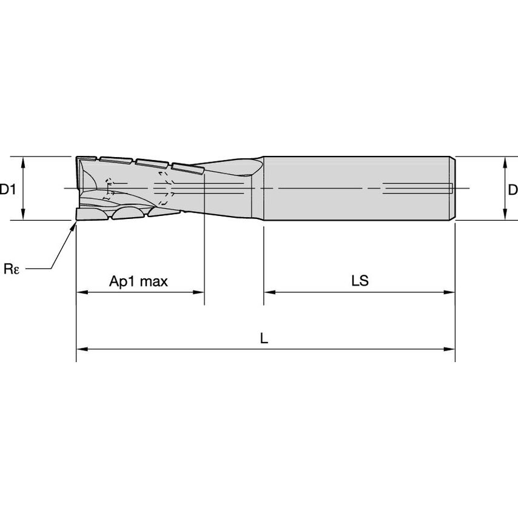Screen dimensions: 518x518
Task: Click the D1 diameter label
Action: click(7, 190)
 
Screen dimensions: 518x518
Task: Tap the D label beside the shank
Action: click(513, 190)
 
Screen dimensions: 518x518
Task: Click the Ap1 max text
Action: click(138, 281)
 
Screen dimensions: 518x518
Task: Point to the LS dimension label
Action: click(360, 281)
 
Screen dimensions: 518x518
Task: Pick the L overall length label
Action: click(264, 339)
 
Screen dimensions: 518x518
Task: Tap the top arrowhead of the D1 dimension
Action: click(23, 161)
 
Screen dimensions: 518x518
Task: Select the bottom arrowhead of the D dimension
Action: click(505, 216)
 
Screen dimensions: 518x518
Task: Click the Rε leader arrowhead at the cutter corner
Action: click(74, 225)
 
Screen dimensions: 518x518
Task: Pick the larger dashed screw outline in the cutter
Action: click(164, 189)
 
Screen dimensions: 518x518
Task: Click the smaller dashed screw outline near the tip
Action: click(109, 189)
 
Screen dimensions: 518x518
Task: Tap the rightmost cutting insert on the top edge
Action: click(186, 169)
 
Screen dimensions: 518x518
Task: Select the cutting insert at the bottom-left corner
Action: click(91, 214)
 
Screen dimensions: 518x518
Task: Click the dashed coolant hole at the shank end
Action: click(419, 189)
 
